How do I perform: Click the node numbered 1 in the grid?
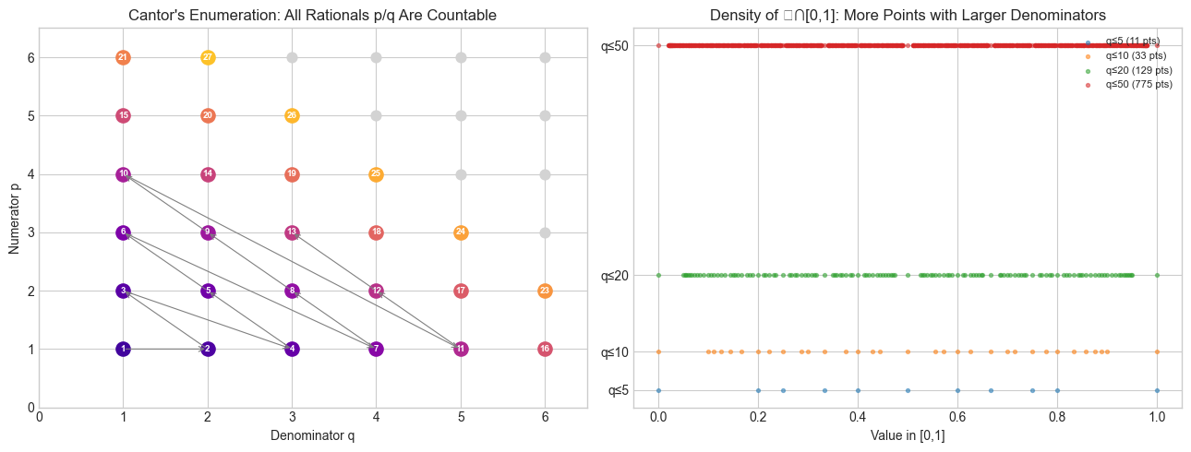(x=123, y=349)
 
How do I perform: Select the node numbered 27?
(x=208, y=57)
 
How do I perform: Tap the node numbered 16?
(x=545, y=349)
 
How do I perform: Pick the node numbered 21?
(x=123, y=57)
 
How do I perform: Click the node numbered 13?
(x=292, y=232)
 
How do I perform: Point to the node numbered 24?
(x=461, y=232)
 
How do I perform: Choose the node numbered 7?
(x=376, y=349)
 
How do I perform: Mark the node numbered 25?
(x=376, y=174)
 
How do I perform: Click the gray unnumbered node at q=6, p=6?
(x=545, y=57)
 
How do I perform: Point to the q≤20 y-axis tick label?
(x=615, y=275)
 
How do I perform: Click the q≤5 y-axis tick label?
(x=619, y=390)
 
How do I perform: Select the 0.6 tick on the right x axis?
(x=957, y=417)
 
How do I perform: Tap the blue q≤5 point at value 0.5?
(x=908, y=390)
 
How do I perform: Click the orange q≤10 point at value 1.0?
(x=1157, y=351)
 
